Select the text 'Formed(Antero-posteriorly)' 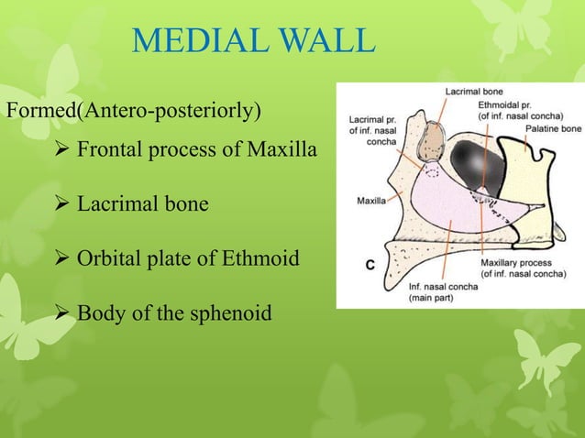pos(134,112)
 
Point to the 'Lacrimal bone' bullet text pos(142,203)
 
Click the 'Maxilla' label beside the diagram pos(370,198)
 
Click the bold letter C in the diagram pos(371,265)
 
